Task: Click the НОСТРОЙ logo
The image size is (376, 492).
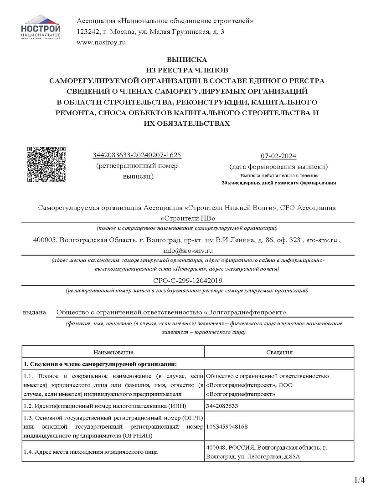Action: [41, 27]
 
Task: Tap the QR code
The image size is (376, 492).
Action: [46, 164]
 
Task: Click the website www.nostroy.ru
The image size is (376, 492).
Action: [101, 42]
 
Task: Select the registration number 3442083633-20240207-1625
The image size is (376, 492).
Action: [137, 155]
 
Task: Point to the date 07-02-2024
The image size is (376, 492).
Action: [278, 156]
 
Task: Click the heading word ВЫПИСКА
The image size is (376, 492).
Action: [186, 60]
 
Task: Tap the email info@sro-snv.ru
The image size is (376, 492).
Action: [188, 250]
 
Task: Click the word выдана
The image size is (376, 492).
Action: [34, 313]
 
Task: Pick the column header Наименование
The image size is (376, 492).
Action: [113, 352]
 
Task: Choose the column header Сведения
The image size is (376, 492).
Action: [279, 352]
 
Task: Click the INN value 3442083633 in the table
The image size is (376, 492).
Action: [222, 406]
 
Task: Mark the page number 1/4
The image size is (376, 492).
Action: [360, 480]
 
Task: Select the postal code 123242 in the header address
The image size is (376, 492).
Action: [87, 32]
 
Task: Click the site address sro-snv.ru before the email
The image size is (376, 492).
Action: [321, 240]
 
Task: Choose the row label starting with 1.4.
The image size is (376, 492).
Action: [91, 452]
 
